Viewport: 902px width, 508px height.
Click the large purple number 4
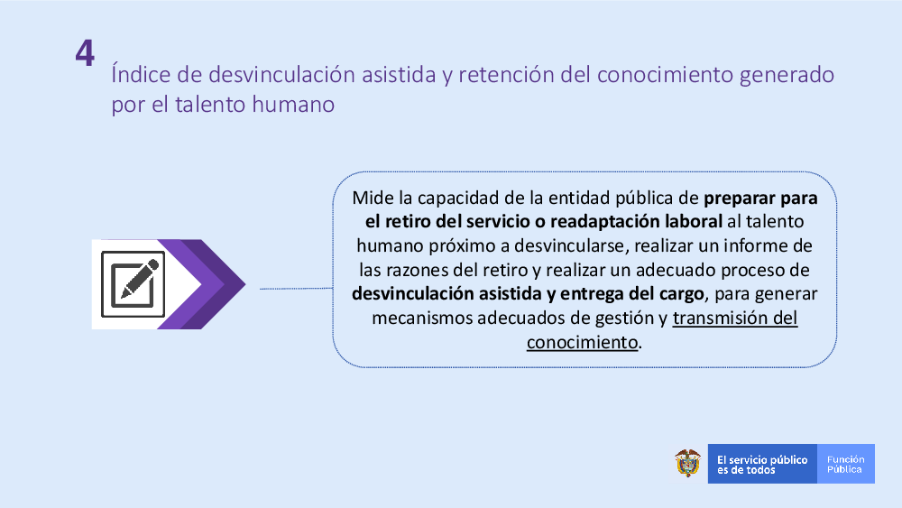tap(85, 53)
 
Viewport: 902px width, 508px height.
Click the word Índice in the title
tap(141, 74)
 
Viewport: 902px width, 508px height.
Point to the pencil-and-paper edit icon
tap(133, 284)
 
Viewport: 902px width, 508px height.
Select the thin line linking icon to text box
tap(296, 288)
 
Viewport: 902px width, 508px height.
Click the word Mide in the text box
tap(373, 198)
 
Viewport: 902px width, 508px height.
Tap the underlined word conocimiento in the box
tap(582, 342)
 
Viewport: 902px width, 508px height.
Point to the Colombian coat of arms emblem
tap(688, 463)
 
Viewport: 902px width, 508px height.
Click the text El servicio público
tap(762, 459)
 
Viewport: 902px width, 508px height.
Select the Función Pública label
tap(846, 465)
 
